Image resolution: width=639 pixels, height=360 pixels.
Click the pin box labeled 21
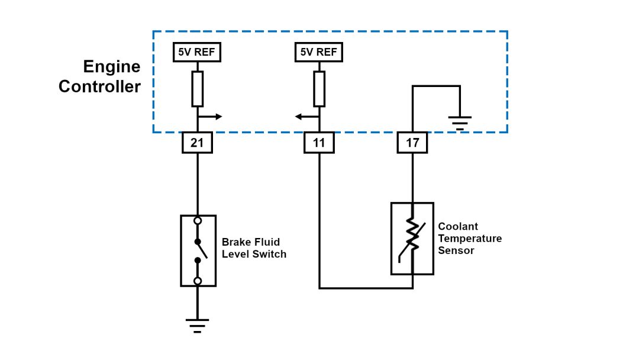click(x=197, y=143)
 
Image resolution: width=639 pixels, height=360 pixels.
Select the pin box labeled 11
click(x=319, y=143)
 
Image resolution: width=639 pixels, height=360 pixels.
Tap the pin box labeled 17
click(x=412, y=143)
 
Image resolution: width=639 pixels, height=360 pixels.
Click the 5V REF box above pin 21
click(x=197, y=52)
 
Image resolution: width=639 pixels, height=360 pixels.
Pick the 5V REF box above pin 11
click(x=319, y=52)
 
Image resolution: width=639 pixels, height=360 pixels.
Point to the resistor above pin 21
click(x=198, y=89)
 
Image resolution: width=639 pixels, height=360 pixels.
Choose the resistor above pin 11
click(x=319, y=89)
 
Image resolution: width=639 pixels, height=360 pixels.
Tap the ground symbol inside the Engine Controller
click(x=460, y=123)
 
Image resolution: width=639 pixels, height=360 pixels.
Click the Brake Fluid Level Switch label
click(x=254, y=248)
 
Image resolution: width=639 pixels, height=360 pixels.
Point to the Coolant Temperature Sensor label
click(x=470, y=238)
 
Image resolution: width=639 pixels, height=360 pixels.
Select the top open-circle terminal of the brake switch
click(x=198, y=221)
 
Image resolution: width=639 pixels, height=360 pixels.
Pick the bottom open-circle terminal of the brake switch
click(x=198, y=281)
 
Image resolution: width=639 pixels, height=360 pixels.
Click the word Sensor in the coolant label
click(x=456, y=250)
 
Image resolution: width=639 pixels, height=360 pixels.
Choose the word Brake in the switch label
click(x=235, y=242)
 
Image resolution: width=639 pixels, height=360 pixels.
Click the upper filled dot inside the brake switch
click(x=198, y=242)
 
